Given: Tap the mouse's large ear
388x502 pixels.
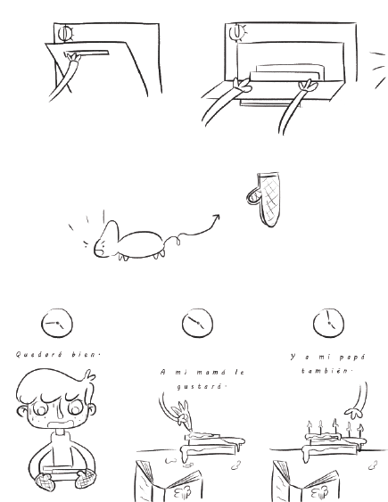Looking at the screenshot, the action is coord(111,233).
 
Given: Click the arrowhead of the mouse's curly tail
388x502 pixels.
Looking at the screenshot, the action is coord(217,218).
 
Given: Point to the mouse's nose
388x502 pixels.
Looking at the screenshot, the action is coord(95,250).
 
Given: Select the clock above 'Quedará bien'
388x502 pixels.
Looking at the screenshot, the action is coord(57,323).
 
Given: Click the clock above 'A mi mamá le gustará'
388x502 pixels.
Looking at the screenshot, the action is coord(197,323).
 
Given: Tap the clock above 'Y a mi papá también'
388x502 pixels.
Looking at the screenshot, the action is coord(328,323).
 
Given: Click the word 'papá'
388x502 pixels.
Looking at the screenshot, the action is coord(351,357).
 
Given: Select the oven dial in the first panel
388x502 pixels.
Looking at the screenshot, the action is coord(66,33).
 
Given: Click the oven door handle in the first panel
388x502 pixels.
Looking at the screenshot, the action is coord(87,53).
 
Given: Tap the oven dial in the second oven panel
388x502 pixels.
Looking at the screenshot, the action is coord(237,31).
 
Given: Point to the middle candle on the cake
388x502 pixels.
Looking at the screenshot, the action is coord(334,427).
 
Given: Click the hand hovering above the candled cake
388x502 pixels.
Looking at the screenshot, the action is coord(354,413).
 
